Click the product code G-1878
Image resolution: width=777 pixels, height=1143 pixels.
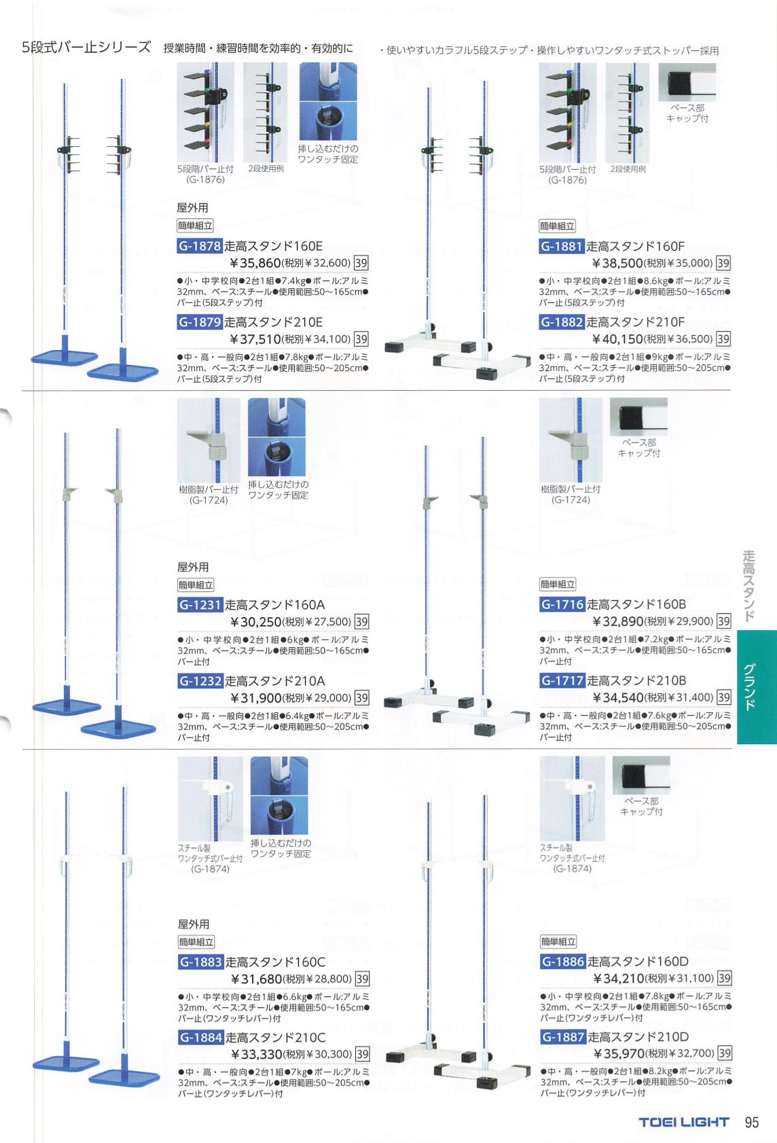[200, 246]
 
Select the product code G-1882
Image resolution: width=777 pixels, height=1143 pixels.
[561, 322]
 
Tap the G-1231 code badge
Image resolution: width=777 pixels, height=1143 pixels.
[200, 605]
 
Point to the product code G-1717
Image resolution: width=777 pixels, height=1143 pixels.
[562, 680]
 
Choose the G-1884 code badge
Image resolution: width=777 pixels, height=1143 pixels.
[200, 1038]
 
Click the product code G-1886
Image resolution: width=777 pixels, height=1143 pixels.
[562, 962]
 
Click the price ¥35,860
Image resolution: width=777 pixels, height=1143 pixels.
[255, 263]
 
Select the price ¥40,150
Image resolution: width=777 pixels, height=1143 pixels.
[617, 339]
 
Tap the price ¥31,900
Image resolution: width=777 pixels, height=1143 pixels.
[256, 697]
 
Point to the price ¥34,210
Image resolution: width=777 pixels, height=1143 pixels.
[619, 978]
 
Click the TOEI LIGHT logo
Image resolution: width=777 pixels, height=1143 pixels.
[684, 1122]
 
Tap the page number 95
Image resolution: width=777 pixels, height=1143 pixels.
[752, 1122]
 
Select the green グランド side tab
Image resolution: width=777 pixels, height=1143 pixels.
[757, 687]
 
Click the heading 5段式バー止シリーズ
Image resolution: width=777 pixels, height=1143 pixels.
[86, 48]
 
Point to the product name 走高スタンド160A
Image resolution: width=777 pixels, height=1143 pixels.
[275, 605]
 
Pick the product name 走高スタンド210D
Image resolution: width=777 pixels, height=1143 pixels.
[638, 1037]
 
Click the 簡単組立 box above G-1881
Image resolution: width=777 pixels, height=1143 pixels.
[557, 226]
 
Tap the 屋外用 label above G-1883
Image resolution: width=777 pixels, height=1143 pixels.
[193, 924]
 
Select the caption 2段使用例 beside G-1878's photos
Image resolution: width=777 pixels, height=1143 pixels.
[266, 169]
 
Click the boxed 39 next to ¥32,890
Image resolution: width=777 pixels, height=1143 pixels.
[723, 621]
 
